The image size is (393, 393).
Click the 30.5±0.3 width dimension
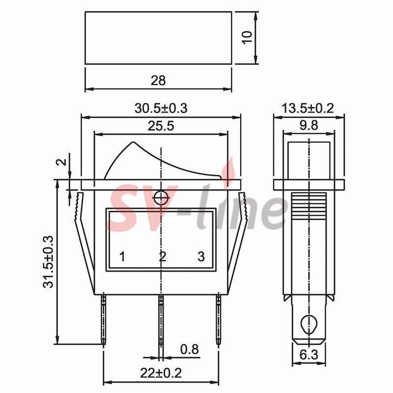[161, 108]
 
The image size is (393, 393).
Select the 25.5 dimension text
[161, 126]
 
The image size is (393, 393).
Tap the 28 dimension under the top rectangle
[158, 81]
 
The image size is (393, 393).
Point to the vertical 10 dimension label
[247, 37]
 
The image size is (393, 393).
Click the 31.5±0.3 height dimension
[48, 262]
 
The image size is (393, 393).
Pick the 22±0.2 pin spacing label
[161, 373]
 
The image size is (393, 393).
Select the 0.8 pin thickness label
[190, 349]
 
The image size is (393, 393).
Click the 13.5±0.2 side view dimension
[308, 108]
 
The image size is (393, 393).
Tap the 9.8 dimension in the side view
[309, 125]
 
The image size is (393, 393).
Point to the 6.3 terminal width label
[309, 355]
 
